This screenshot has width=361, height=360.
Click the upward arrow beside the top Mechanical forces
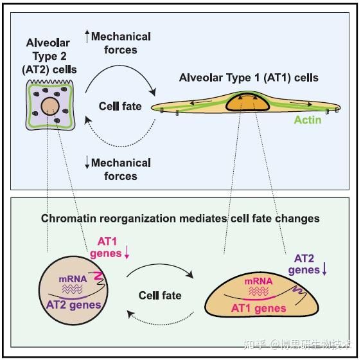point(87,36)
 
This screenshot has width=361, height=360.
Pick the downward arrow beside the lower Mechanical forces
point(87,163)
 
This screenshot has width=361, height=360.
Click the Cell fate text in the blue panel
point(120,106)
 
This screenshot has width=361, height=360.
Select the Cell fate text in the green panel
point(160,295)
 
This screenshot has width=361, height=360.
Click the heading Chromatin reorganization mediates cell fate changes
point(180,219)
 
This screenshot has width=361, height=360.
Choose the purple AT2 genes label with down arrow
point(307,264)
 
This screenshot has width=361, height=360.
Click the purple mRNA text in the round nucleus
point(71,280)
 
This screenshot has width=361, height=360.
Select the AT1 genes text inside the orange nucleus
point(258,309)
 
